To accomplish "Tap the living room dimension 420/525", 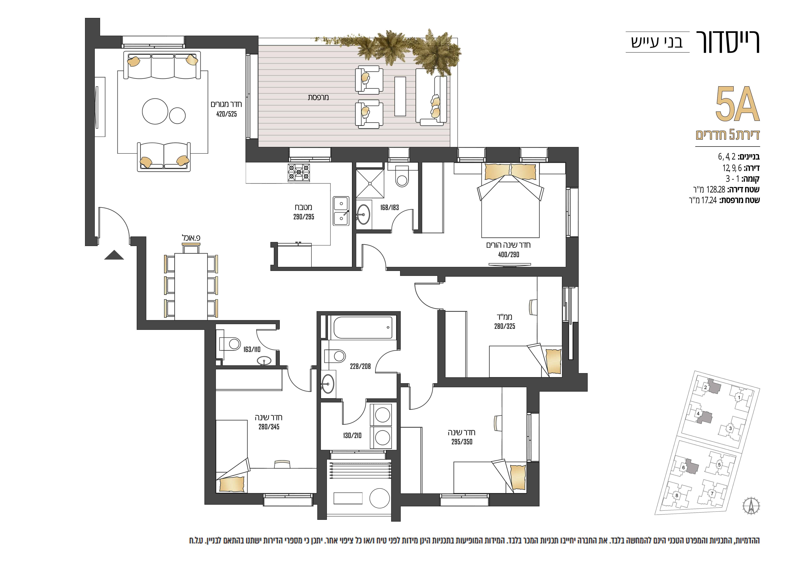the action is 226,114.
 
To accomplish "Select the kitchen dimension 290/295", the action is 304,217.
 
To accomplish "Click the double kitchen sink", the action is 341,211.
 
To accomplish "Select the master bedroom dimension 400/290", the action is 509,255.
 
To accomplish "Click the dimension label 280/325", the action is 504,326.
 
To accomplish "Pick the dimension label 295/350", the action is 462,442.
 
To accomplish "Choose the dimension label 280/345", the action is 269,427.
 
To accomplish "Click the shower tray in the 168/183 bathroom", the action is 370,184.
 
